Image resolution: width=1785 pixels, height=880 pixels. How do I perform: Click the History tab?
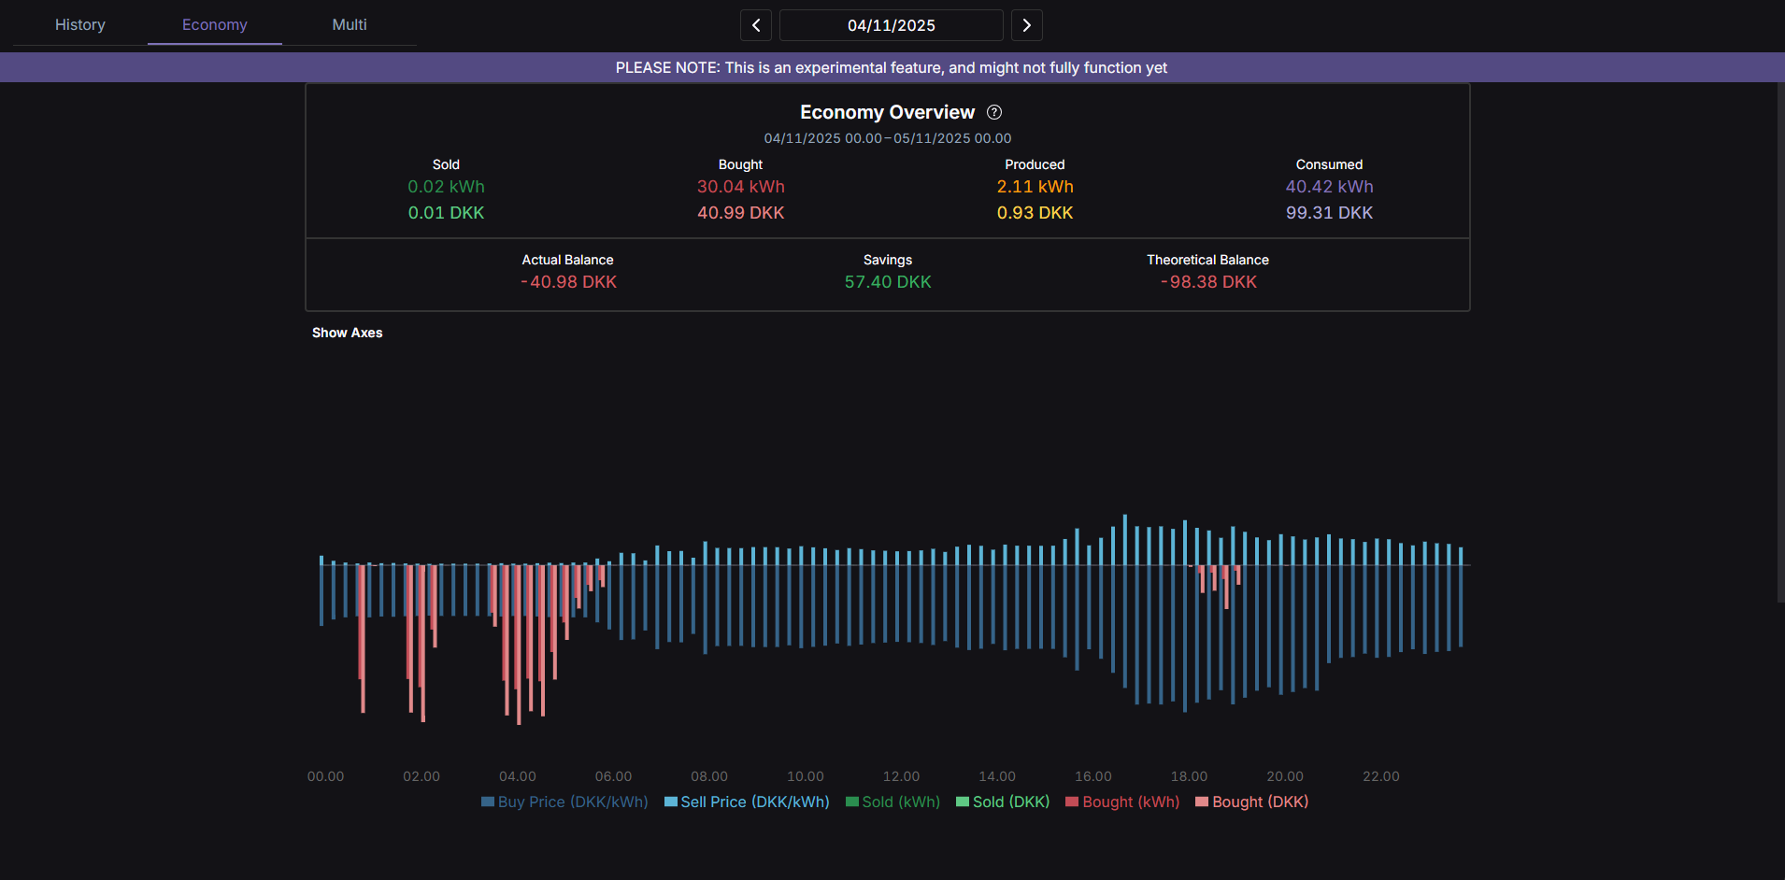[x=80, y=25]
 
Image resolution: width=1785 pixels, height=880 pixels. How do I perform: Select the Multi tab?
[x=350, y=25]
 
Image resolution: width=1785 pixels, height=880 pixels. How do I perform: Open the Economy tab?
[x=215, y=25]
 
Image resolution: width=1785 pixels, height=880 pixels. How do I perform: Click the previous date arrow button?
[x=756, y=25]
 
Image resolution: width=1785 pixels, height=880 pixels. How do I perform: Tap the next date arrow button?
[x=1026, y=25]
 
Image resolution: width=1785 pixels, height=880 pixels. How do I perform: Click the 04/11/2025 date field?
[x=891, y=25]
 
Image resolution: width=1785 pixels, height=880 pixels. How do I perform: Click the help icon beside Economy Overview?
[x=994, y=112]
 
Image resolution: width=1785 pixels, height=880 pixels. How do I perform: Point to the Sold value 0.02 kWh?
[x=446, y=187]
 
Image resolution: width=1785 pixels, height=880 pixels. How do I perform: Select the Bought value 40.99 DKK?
[x=740, y=213]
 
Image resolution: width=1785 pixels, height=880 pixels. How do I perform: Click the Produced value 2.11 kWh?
[x=1035, y=187]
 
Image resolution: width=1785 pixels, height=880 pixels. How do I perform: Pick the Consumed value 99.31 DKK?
[x=1329, y=213]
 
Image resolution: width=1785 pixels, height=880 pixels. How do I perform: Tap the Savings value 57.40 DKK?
[x=888, y=282]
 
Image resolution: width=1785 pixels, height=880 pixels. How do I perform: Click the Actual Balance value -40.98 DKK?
[x=568, y=282]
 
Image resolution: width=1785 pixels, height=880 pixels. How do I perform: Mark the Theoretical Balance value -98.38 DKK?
[x=1208, y=282]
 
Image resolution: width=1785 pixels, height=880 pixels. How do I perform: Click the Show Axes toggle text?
[x=348, y=334]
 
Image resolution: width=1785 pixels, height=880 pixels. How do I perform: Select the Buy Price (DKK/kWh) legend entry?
[x=564, y=802]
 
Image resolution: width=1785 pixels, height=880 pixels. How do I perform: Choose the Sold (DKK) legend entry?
[x=1003, y=802]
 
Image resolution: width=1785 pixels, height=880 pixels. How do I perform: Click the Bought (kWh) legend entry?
[x=1122, y=802]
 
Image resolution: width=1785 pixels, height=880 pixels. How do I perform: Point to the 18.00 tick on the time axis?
[x=1189, y=777]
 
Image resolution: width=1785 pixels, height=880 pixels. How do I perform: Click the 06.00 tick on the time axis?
[x=613, y=777]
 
